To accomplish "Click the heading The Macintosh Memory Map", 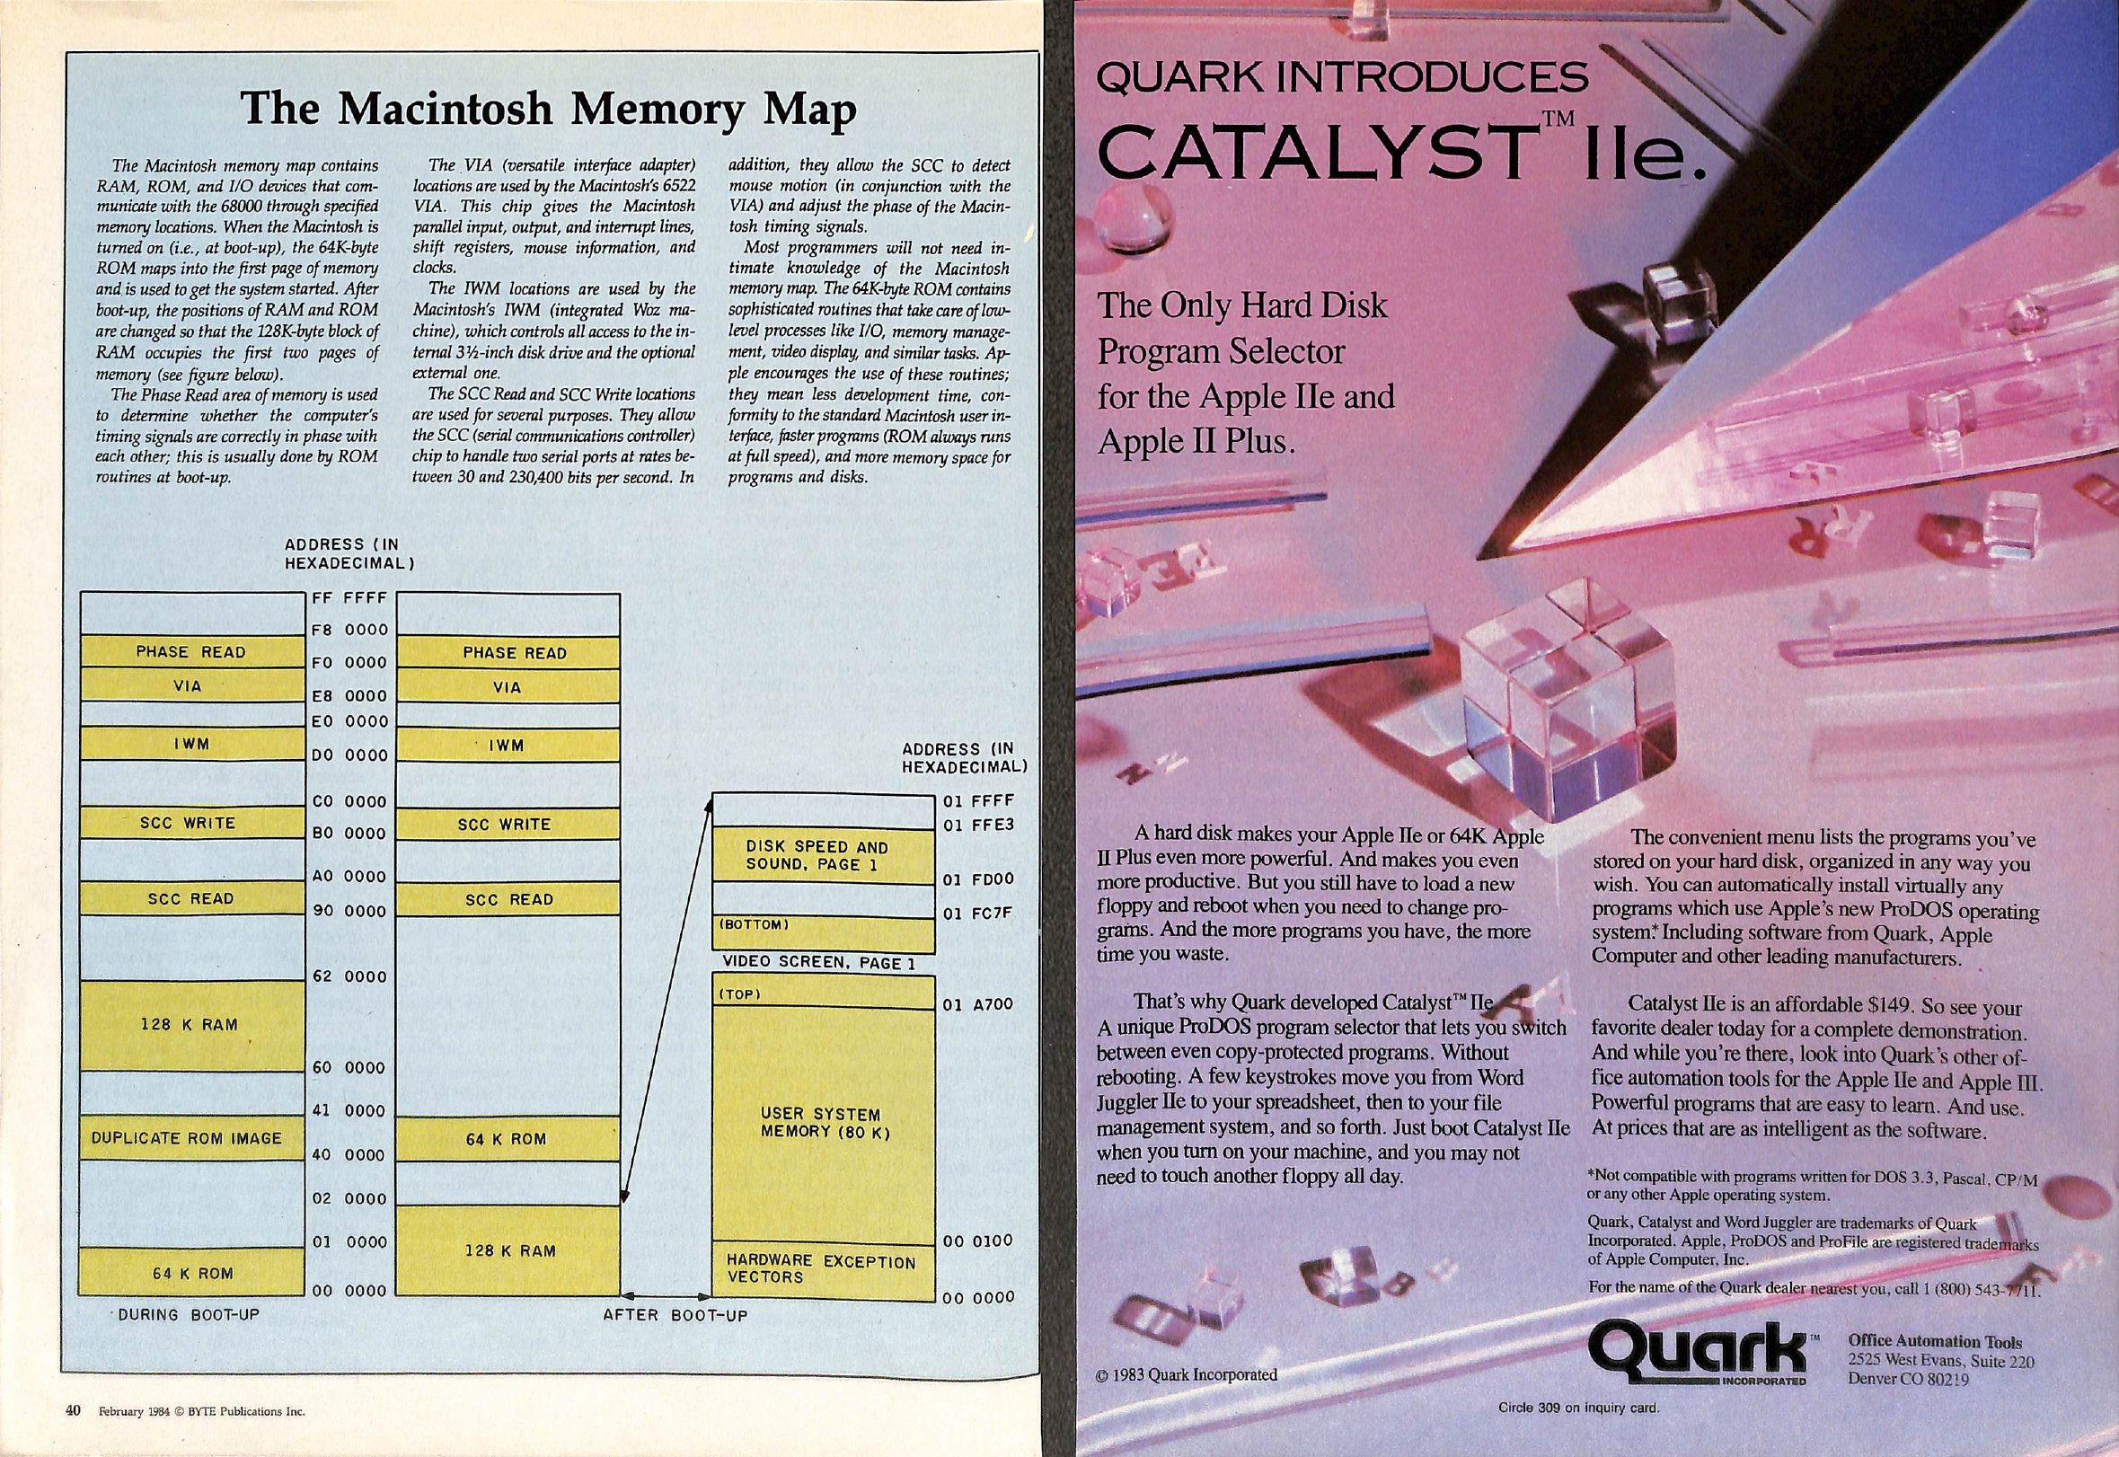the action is click(548, 109).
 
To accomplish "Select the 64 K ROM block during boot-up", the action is click(191, 1273).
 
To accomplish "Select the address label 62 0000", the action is click(350, 976).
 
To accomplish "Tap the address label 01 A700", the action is click(978, 1005).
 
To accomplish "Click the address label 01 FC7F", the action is click(978, 914).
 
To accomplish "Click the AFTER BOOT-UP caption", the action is click(675, 1315).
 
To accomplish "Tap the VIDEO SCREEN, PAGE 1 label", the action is click(819, 963).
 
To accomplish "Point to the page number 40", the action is click(74, 1410).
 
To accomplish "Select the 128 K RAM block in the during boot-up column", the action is click(191, 1025).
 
